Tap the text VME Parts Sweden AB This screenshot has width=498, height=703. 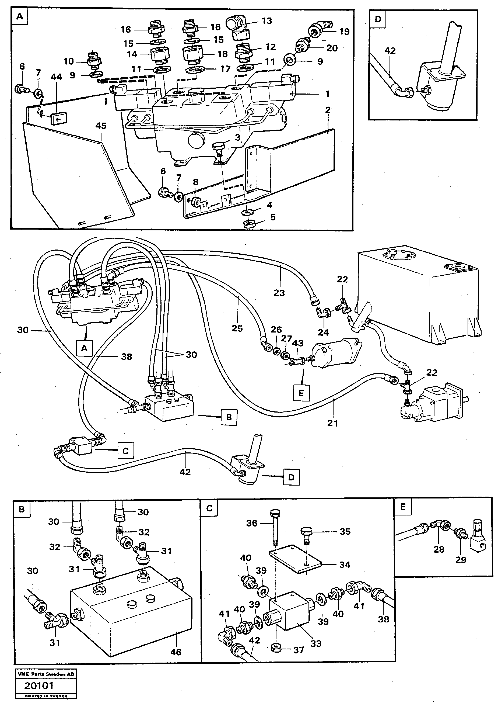(x=45, y=674)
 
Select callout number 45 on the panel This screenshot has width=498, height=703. (x=101, y=126)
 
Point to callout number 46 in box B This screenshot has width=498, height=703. (x=176, y=652)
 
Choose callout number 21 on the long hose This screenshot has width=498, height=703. (x=332, y=423)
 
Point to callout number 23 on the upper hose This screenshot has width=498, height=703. (x=279, y=293)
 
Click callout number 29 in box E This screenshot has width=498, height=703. (x=461, y=560)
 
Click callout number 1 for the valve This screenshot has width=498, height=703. (x=327, y=94)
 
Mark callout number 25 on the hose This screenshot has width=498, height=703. (x=237, y=328)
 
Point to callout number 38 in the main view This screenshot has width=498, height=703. (x=126, y=357)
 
